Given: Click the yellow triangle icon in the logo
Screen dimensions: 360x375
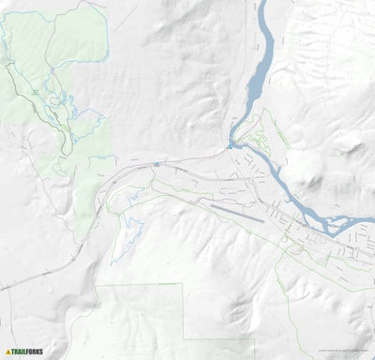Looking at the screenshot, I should pyautogui.click(x=7, y=352).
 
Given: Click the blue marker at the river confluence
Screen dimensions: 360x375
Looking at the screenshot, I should pyautogui.click(x=229, y=145).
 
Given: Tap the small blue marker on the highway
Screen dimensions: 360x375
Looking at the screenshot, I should pyautogui.click(x=157, y=163).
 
